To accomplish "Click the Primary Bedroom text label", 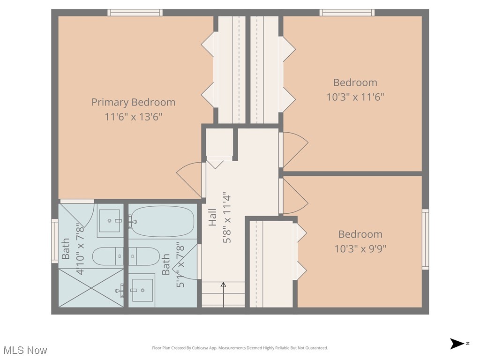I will [133, 102].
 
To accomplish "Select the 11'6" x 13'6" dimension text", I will [133, 117].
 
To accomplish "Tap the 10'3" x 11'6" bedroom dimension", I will [355, 97].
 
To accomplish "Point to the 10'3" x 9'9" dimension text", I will [360, 248].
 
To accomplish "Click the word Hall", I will [213, 217].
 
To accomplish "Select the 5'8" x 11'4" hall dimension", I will [227, 217].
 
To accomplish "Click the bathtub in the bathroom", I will [162, 221].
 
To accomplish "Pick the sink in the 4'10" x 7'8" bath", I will [110, 220].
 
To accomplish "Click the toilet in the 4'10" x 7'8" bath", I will [107, 256].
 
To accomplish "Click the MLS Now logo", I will [25, 350].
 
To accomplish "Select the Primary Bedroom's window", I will [135, 13].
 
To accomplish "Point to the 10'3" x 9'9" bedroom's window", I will [425, 239].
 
